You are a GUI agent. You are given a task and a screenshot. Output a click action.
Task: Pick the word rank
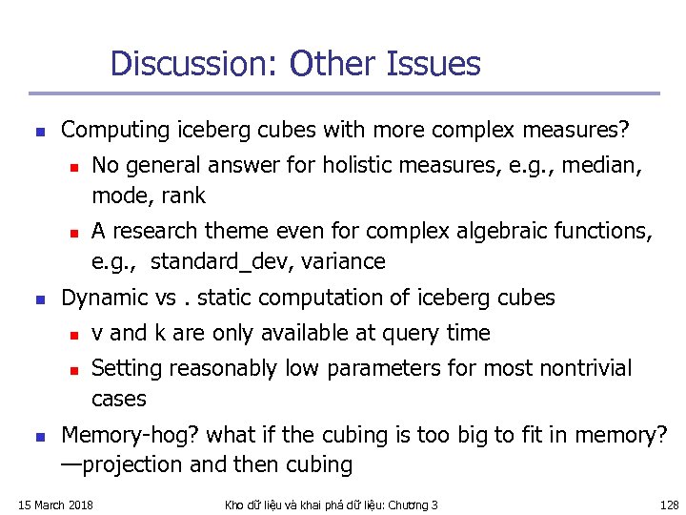click(184, 196)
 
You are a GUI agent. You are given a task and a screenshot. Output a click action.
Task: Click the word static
click(223, 298)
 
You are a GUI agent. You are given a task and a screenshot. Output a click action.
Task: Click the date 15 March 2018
click(56, 505)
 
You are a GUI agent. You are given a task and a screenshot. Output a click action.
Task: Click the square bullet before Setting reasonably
click(72, 369)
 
